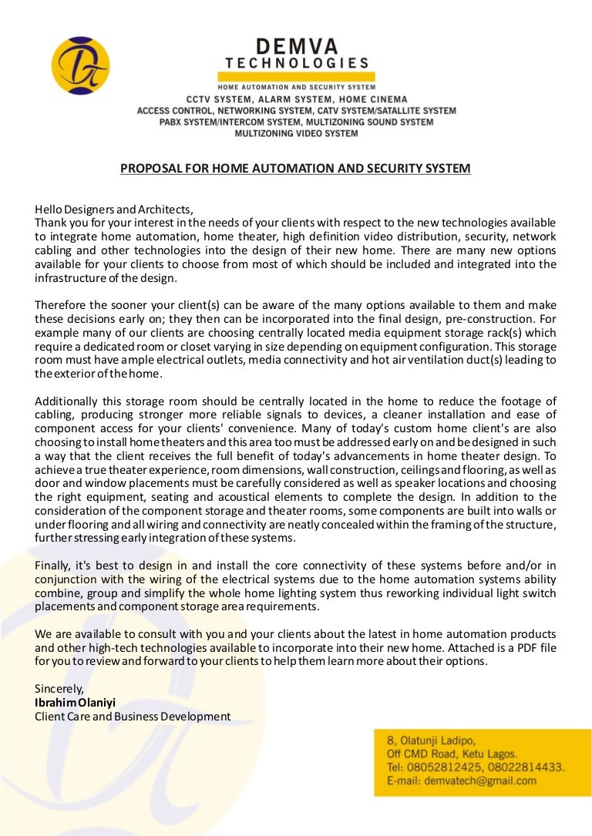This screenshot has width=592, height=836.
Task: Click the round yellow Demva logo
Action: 80,65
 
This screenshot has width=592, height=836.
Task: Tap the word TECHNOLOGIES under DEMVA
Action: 296,63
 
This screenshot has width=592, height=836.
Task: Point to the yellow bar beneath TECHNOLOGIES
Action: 296,77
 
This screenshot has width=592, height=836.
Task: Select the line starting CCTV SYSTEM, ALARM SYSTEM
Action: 296,99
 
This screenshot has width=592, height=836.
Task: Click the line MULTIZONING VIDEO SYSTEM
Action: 296,133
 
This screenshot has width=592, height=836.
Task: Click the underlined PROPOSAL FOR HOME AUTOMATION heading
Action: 295,168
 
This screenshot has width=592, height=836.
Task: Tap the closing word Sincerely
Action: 59,689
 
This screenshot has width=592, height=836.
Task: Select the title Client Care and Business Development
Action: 133,717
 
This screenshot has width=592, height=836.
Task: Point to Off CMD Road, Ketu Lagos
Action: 452,754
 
